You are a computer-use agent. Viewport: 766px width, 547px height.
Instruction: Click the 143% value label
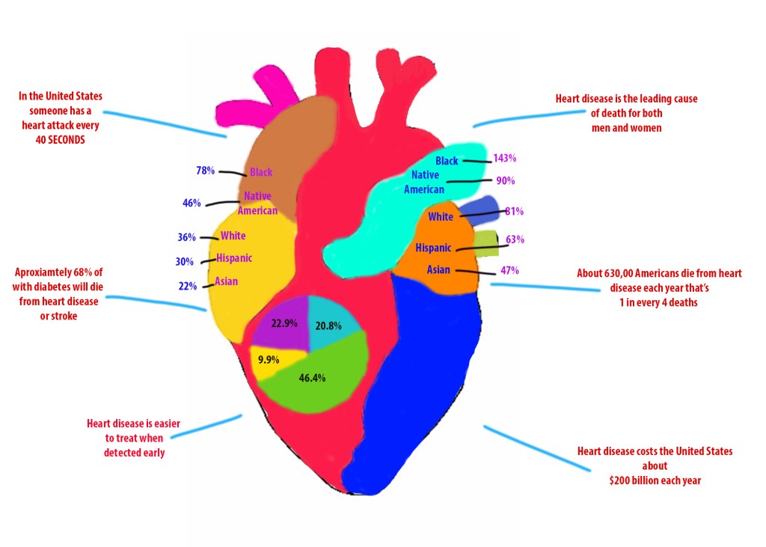tap(504, 159)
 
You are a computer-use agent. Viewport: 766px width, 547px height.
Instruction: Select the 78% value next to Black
tap(205, 171)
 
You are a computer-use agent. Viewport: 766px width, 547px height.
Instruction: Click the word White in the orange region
tap(441, 217)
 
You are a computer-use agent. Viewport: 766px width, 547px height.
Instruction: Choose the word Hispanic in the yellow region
tap(234, 258)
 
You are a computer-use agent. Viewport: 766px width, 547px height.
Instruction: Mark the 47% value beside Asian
tap(509, 270)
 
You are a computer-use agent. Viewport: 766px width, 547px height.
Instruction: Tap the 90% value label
tap(506, 180)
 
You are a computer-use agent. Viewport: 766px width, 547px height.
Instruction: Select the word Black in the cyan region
tap(447, 161)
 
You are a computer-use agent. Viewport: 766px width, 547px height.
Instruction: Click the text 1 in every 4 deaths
tap(659, 302)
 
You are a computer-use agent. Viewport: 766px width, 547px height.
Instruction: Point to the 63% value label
tap(515, 240)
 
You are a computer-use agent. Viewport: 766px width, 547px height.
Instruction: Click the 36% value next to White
tap(186, 237)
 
